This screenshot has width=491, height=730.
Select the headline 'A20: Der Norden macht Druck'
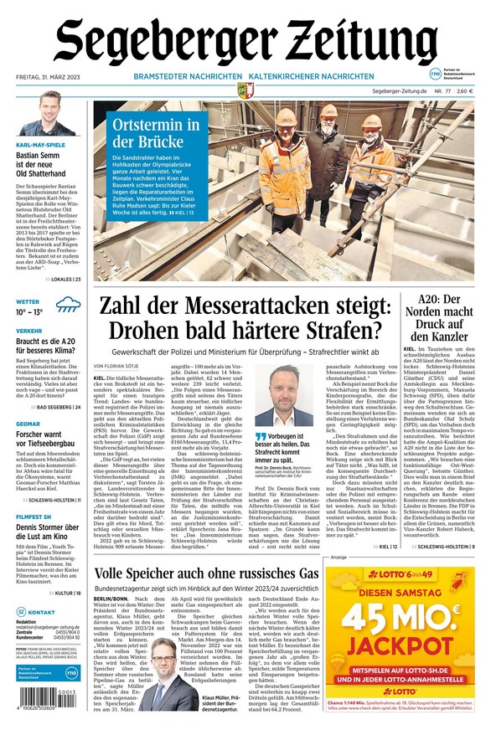pyautogui.click(x=439, y=317)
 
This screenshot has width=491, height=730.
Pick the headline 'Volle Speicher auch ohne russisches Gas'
pyautogui.click(x=206, y=573)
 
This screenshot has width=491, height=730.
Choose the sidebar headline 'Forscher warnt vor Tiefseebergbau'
pyautogui.click(x=49, y=440)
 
